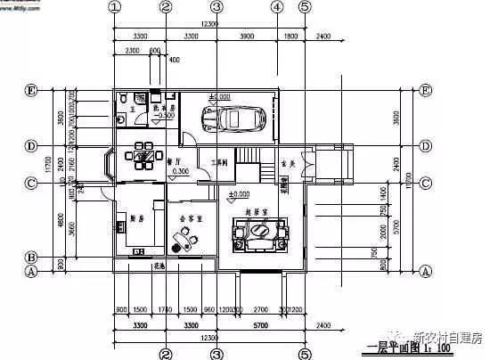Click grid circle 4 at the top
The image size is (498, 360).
click(276, 7)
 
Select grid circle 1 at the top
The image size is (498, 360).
click(114, 7)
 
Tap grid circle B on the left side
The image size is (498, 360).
click(30, 257)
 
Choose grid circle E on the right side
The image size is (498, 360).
click(426, 91)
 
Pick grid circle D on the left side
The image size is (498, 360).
click(30, 145)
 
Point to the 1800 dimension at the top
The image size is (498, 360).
click(290, 37)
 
